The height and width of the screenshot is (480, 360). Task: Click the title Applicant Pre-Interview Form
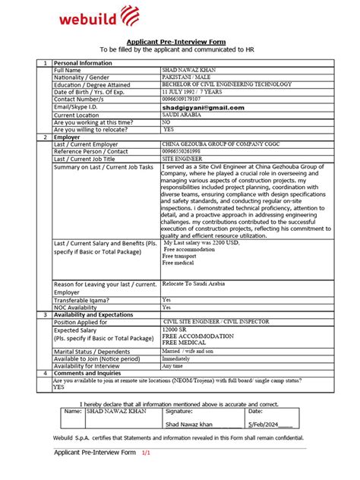pos(179,43)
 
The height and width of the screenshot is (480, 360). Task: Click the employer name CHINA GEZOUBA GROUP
pos(220,143)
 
